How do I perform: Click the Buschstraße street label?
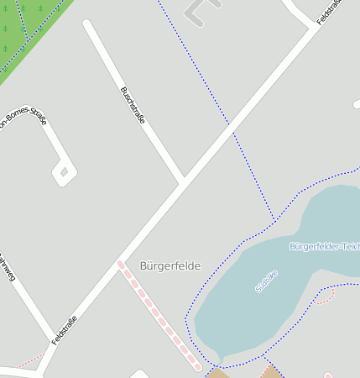133,105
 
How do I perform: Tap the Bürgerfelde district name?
170,265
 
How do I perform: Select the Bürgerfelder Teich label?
324,246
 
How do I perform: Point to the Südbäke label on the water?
266,281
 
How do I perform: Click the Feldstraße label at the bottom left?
65,330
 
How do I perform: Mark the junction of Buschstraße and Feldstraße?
182,181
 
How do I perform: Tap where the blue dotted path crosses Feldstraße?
229,130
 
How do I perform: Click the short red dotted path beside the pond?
326,294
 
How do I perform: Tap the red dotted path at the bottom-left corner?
29,361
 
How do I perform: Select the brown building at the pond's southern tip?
217,372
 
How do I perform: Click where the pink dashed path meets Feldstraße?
120,264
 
